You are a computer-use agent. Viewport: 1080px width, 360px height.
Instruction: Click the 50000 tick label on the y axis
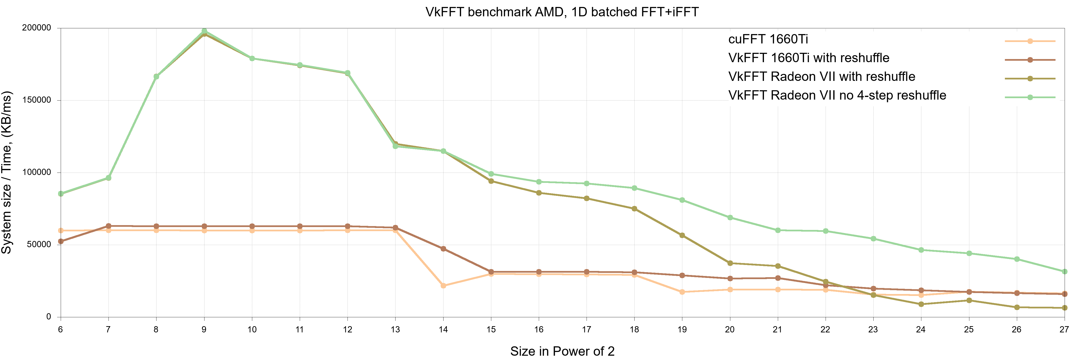39,245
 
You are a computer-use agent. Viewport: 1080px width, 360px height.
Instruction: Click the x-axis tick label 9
204,330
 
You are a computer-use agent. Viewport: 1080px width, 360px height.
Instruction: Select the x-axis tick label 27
1064,330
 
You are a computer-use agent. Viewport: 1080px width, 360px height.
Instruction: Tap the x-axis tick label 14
443,330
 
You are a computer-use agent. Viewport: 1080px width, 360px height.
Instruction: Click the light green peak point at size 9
204,31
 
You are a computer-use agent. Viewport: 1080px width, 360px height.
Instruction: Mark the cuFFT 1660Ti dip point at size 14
443,286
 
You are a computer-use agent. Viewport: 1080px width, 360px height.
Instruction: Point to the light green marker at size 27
1064,272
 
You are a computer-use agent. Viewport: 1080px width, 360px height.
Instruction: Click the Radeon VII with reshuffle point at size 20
730,263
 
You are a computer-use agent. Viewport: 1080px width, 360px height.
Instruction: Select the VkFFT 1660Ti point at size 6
61,241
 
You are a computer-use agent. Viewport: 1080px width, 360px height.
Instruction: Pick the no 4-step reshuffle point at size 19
682,200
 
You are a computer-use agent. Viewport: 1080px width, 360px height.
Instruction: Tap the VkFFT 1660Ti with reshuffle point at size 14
443,249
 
